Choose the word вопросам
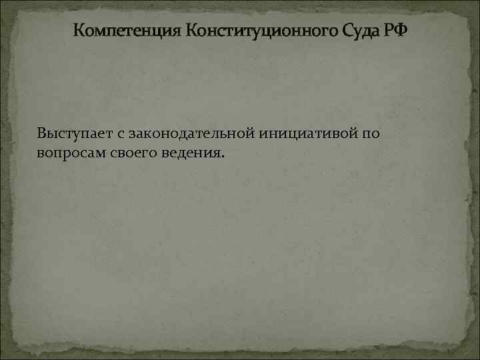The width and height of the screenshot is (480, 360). pos(67,154)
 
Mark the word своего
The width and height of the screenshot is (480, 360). pos(131,154)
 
